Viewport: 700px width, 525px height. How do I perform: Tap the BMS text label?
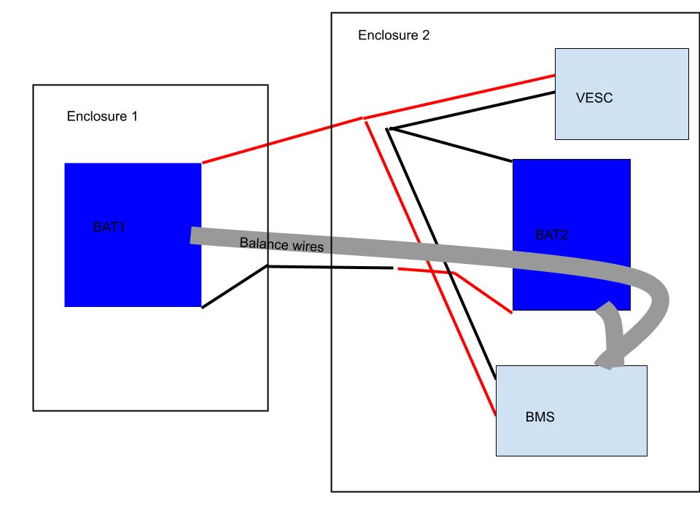pyautogui.click(x=540, y=419)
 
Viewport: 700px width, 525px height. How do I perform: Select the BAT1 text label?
pyautogui.click(x=109, y=227)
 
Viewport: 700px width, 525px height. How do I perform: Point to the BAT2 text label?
pyautogui.click(x=552, y=235)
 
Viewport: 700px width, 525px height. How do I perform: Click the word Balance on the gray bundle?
pyautogui.click(x=263, y=244)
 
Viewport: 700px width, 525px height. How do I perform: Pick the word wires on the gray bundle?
pyautogui.click(x=306, y=248)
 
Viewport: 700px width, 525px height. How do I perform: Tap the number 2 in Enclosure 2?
pyautogui.click(x=425, y=36)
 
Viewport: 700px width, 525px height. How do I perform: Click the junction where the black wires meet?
pyautogui.click(x=389, y=130)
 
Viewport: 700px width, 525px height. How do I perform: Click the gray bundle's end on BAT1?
pyautogui.click(x=194, y=236)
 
